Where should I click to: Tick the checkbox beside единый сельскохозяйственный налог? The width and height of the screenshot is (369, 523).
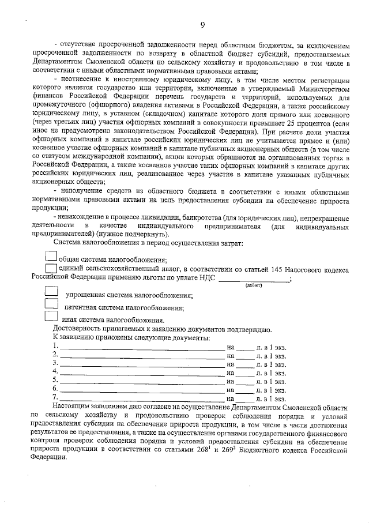pyautogui.click(x=51, y=268)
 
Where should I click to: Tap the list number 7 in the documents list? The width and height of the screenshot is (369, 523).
pyautogui.click(x=55, y=397)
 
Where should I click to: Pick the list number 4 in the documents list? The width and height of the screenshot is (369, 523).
pyautogui.click(x=55, y=372)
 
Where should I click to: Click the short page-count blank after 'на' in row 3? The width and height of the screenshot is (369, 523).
pyautogui.click(x=245, y=364)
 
